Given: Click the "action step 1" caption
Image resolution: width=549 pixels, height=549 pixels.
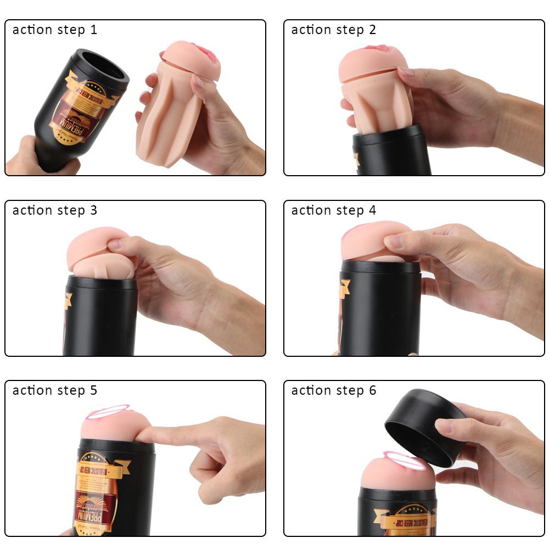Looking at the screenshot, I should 55,30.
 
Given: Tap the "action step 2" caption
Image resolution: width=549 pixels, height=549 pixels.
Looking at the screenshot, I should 334,30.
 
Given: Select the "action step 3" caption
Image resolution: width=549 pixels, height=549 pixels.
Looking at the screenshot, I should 55,210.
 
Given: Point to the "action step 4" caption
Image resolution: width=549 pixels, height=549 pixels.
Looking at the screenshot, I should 334,210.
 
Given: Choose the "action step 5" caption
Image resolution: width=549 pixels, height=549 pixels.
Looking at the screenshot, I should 55,390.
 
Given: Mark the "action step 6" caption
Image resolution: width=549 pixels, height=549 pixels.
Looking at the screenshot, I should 334,390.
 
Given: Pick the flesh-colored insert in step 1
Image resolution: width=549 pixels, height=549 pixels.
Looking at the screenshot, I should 176,104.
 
